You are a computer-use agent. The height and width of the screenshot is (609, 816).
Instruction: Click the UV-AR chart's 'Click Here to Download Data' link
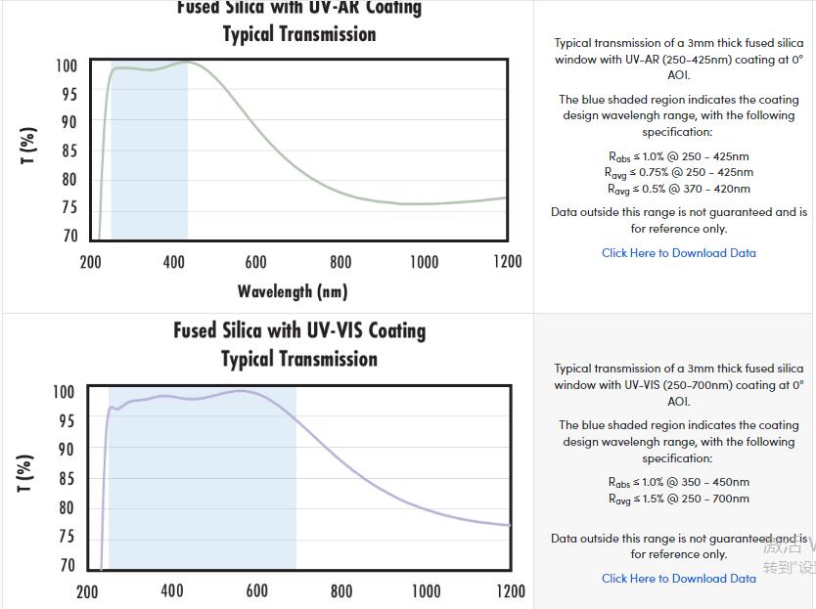(678, 253)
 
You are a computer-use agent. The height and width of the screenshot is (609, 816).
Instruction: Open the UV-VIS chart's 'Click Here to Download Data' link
(678, 579)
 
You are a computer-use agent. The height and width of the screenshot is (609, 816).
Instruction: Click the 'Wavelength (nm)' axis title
(293, 291)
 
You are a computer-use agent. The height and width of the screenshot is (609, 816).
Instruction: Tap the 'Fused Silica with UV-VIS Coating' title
(299, 330)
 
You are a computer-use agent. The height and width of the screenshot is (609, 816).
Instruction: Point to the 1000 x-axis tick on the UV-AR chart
(424, 262)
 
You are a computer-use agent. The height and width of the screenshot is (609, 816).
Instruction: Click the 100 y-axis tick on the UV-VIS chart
(64, 392)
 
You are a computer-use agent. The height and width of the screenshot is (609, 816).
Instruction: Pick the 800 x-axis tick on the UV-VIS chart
(341, 591)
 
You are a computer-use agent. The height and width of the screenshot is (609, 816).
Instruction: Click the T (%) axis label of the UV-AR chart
(30, 146)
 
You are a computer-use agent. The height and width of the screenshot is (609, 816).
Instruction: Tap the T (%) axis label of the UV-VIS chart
(26, 473)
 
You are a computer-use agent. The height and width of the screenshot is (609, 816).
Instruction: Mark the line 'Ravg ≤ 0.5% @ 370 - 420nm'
(678, 189)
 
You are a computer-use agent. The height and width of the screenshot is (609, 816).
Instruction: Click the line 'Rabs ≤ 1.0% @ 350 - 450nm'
(678, 482)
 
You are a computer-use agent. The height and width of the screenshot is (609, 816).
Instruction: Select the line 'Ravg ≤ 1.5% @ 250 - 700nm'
(678, 499)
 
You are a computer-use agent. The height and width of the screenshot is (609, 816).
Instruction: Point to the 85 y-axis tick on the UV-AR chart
(68, 152)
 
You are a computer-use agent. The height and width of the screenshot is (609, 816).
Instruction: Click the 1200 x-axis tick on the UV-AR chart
(508, 262)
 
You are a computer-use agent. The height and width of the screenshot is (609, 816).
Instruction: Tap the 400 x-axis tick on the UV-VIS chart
(172, 591)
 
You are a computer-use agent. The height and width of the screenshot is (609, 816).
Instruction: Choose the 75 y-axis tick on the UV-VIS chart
(66, 537)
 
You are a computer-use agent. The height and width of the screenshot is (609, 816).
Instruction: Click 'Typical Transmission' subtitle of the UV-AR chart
(299, 35)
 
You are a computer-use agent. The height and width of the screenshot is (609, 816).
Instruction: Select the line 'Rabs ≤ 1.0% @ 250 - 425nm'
(678, 156)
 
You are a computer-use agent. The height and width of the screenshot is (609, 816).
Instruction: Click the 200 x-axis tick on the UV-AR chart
(90, 262)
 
